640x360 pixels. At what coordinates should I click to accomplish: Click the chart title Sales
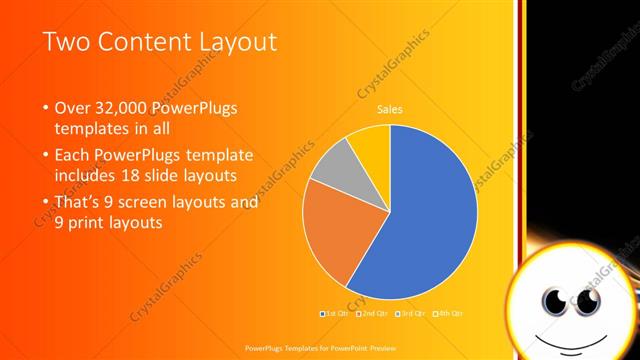point(390,109)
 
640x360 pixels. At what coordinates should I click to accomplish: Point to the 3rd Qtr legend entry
point(409,313)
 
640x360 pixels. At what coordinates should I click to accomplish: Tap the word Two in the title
point(69,41)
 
